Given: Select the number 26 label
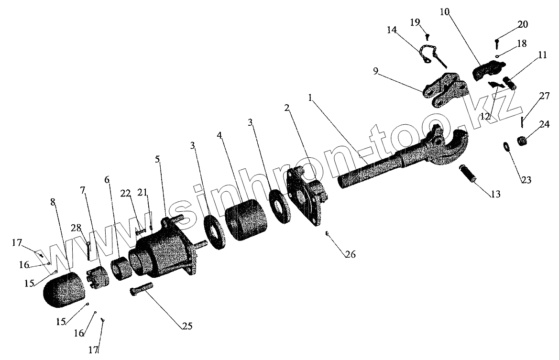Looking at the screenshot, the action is (351, 255).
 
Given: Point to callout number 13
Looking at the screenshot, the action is (495, 194).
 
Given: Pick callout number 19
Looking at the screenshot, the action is (415, 22).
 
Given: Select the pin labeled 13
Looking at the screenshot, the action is (468, 174).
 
